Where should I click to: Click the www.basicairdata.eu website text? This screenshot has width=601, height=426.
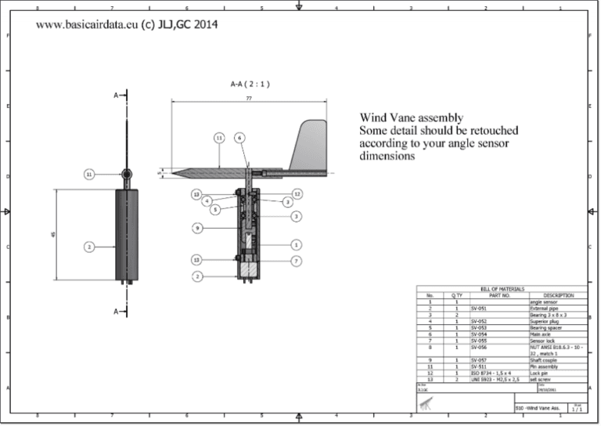(x=86, y=24)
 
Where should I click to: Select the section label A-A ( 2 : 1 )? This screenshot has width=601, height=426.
(x=250, y=83)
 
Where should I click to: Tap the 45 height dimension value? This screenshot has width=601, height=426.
(x=52, y=235)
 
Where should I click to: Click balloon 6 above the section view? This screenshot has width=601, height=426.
(x=239, y=138)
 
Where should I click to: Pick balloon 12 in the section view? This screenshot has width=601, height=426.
(x=297, y=193)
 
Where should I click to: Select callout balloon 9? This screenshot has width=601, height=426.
(x=198, y=228)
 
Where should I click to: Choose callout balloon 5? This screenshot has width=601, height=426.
(x=215, y=210)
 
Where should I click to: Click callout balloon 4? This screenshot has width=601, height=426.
(x=207, y=201)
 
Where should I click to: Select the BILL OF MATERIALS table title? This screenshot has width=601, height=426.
(x=502, y=289)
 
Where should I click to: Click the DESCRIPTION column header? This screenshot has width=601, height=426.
(x=558, y=295)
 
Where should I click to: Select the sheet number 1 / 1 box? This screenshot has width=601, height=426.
(x=576, y=409)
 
